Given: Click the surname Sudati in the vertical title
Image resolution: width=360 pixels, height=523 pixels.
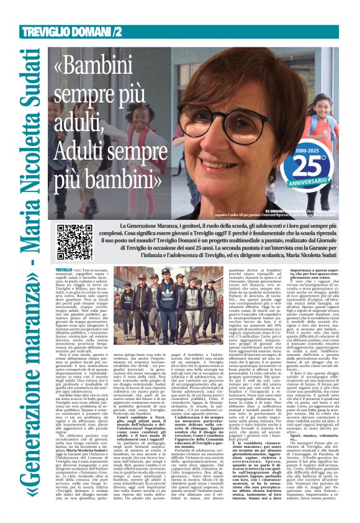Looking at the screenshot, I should (28, 81).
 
